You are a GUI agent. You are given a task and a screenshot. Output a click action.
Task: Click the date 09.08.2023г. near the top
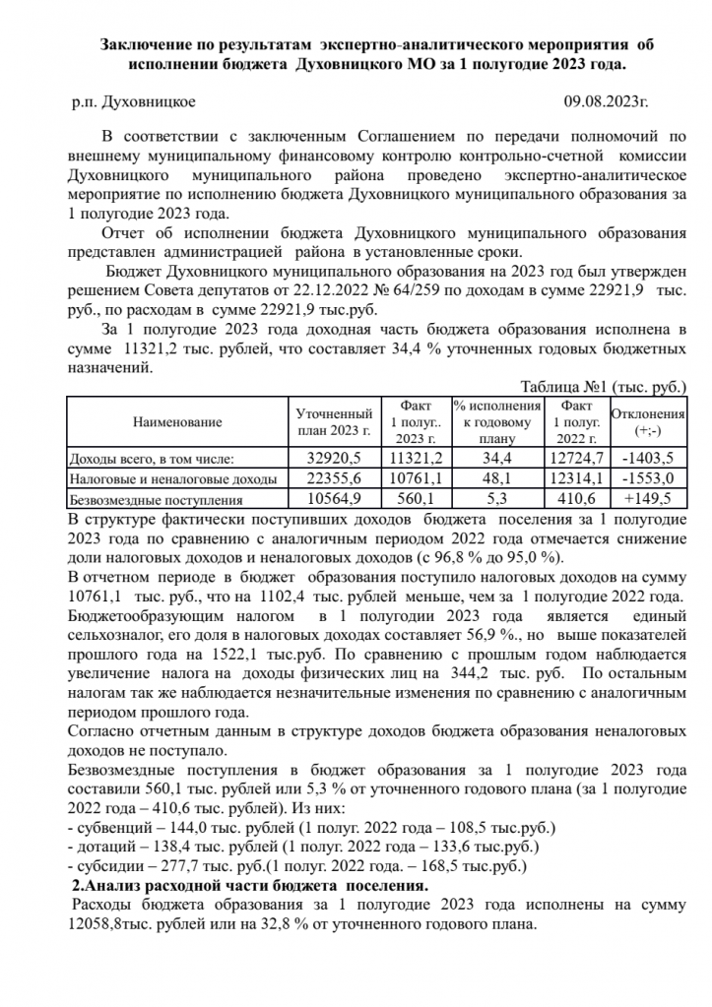[x=606, y=101]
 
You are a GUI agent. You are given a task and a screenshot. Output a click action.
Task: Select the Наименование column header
[x=178, y=422]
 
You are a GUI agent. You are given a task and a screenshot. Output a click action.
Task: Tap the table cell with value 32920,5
[x=335, y=459]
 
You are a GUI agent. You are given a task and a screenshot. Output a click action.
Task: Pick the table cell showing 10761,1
[x=417, y=478]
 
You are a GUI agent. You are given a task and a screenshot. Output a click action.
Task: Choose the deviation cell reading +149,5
[x=648, y=498]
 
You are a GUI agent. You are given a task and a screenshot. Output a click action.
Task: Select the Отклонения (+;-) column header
[x=648, y=422]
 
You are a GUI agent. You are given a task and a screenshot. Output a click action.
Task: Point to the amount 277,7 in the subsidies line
[x=173, y=866]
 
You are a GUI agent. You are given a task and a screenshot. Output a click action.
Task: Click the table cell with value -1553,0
[x=648, y=478]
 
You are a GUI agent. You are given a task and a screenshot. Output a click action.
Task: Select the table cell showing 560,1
[x=417, y=498]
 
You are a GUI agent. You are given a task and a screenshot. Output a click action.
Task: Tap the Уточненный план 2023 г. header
[x=335, y=422]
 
